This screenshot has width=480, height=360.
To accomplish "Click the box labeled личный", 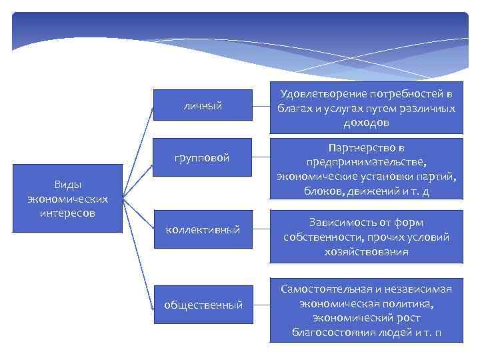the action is click(x=203, y=105).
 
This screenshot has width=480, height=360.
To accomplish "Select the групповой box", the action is click(x=203, y=158).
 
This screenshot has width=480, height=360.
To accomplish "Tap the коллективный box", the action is click(x=203, y=229).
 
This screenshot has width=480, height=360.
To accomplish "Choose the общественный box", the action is click(x=203, y=305).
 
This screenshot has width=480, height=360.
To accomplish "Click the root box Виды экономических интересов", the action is click(x=67, y=198).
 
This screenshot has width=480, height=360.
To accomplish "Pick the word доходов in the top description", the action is click(x=366, y=123).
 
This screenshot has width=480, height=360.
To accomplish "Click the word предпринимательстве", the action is click(x=366, y=162).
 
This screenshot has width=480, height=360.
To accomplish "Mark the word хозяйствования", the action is click(x=366, y=252).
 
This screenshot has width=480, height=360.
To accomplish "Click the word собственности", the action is click(x=319, y=237).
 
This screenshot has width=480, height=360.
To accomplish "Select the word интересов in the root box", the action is click(x=67, y=213).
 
